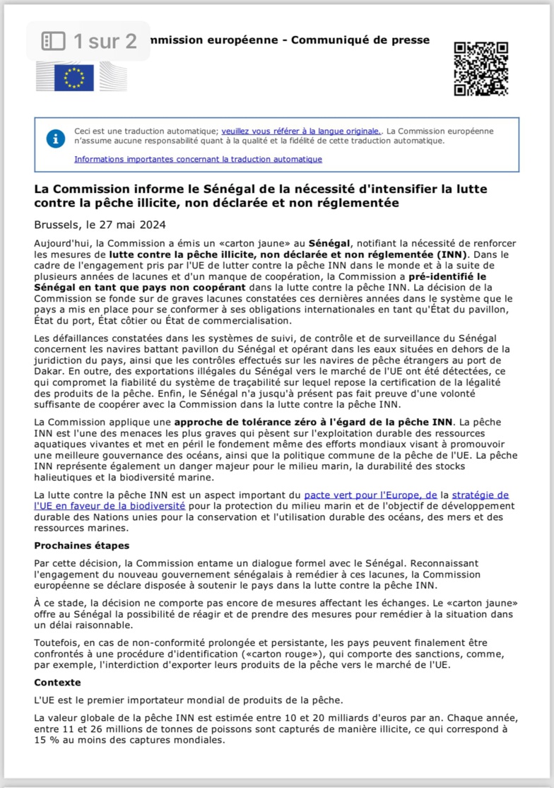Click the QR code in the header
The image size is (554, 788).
point(481,69)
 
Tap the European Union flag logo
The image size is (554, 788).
point(74,77)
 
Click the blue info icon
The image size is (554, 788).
point(56,138)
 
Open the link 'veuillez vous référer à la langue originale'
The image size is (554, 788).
point(301,131)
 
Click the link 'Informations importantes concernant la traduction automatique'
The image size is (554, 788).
point(198,159)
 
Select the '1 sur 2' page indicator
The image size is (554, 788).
point(90,41)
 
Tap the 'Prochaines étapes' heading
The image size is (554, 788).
point(82,546)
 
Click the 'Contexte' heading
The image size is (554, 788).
point(58,683)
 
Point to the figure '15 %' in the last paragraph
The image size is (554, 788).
point(46,741)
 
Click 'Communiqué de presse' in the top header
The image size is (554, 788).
point(367,40)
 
